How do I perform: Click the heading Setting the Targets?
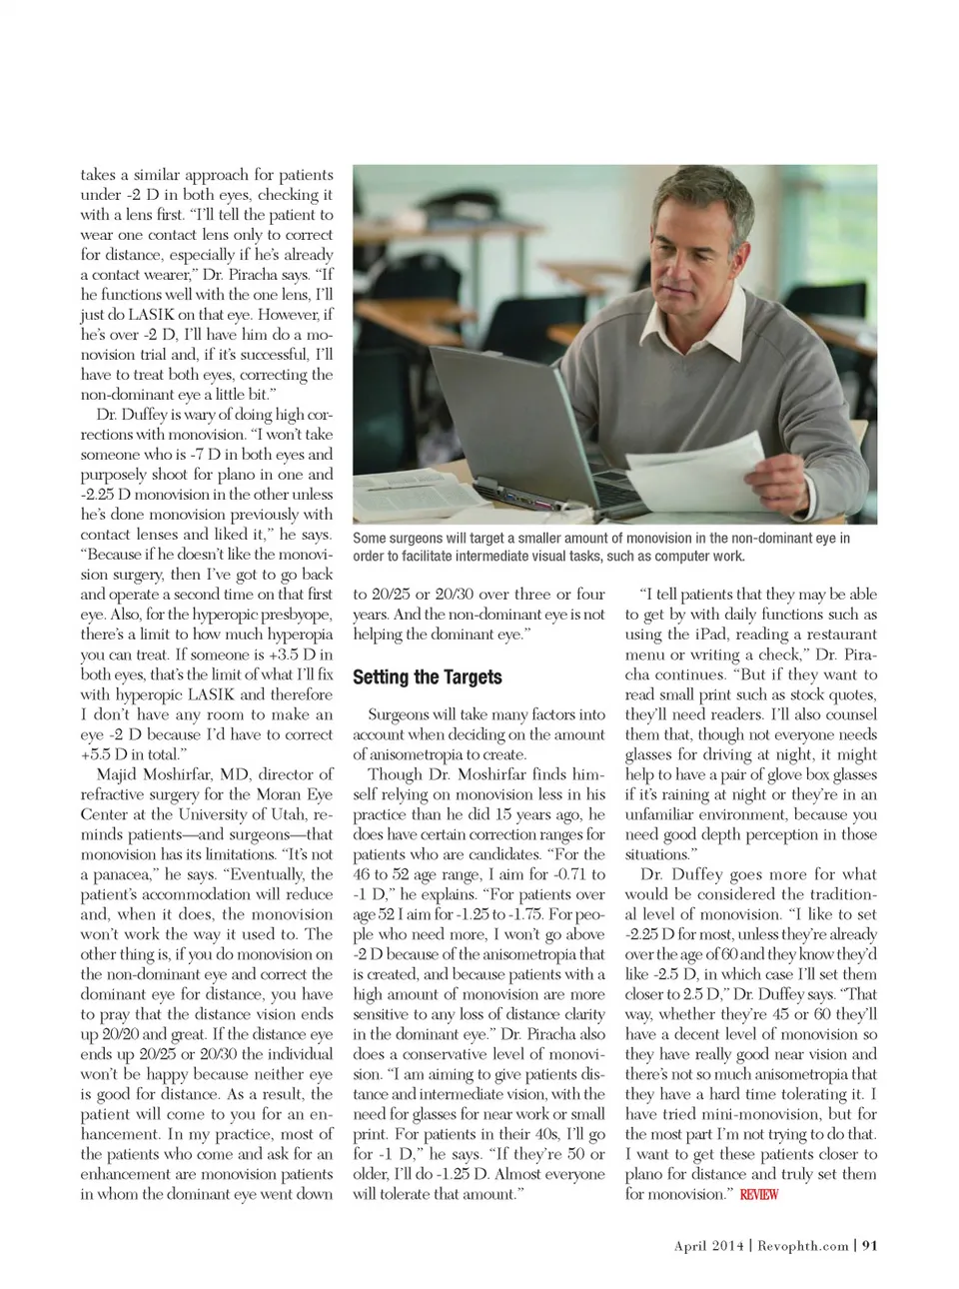pyautogui.click(x=427, y=677)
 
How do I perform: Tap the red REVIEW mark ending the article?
pyautogui.click(x=759, y=1194)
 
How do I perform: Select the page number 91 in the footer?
pyautogui.click(x=869, y=1245)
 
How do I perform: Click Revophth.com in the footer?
pyautogui.click(x=802, y=1245)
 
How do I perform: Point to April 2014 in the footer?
pyautogui.click(x=709, y=1245)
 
